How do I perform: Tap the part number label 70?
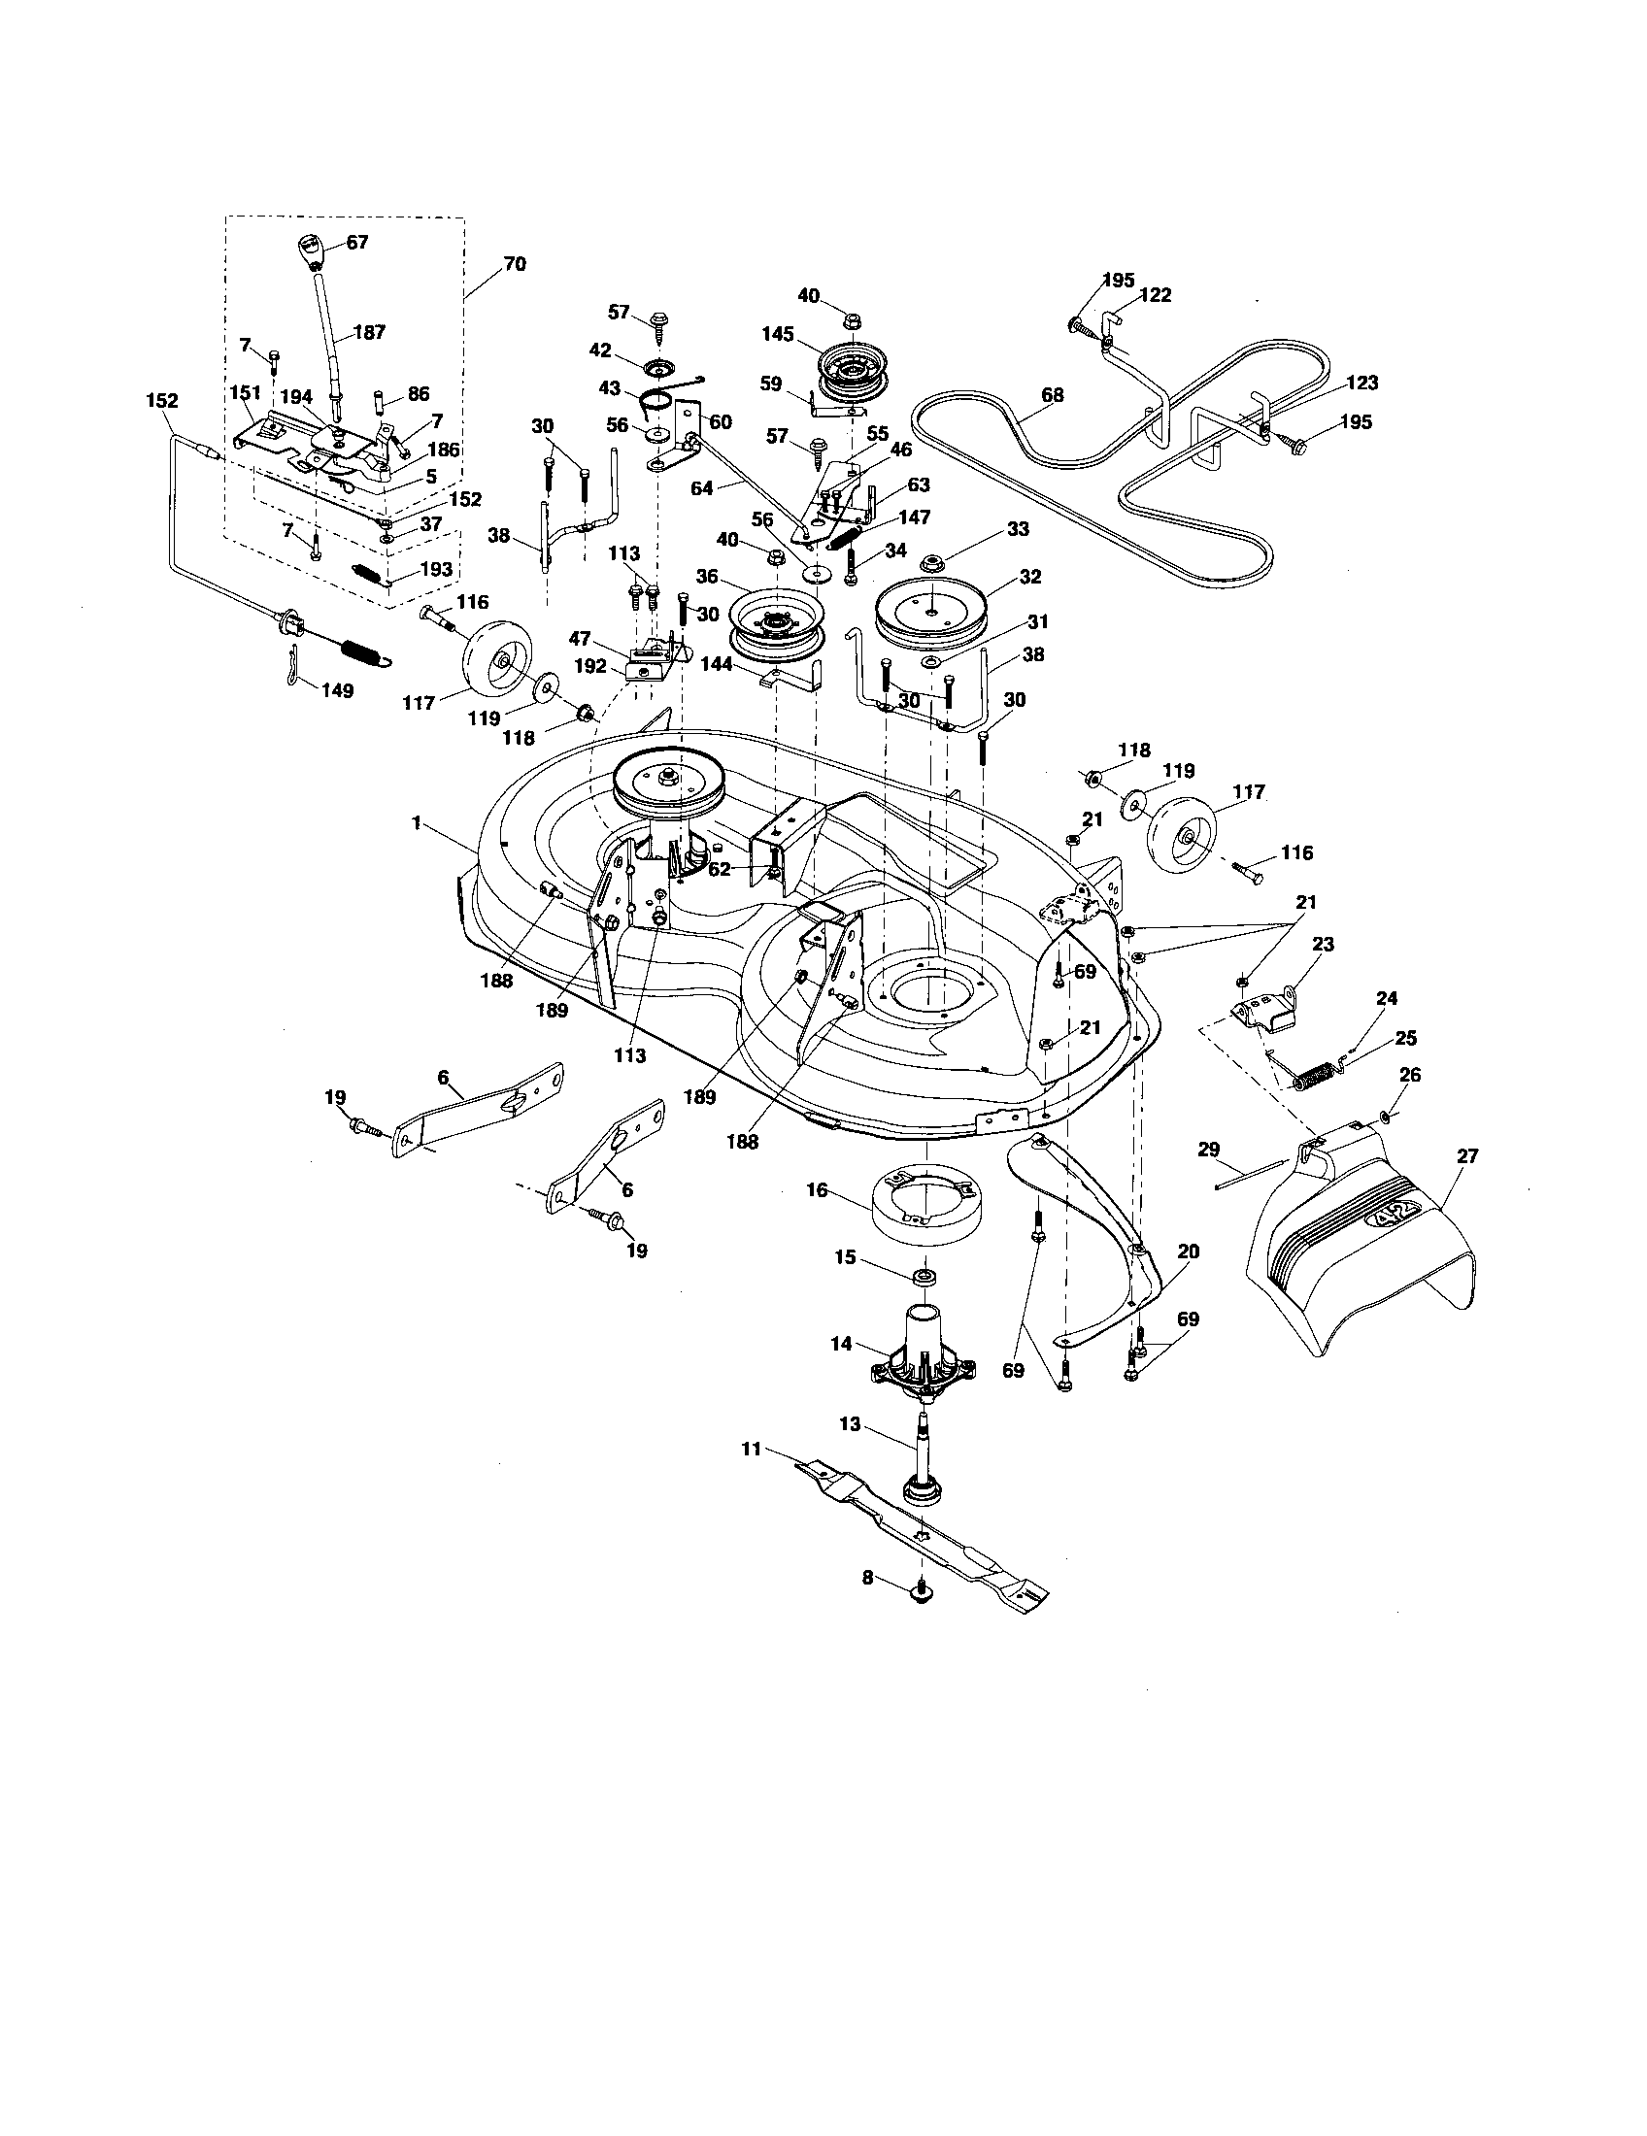tap(515, 264)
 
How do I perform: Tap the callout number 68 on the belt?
tap(1054, 395)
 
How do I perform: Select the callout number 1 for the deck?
tap(417, 824)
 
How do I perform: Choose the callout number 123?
tap(1361, 383)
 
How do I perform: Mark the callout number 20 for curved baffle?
tap(1189, 1251)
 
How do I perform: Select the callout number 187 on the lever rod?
tap(369, 332)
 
